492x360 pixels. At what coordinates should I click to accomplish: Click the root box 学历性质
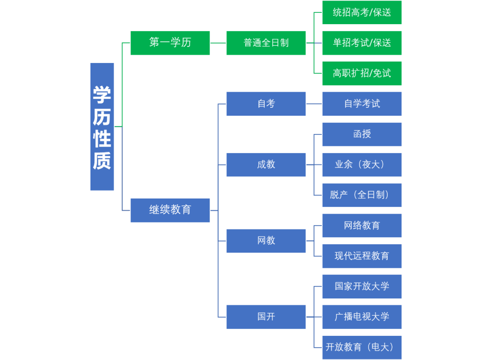click(x=102, y=127)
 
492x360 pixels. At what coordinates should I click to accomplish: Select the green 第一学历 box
click(x=170, y=43)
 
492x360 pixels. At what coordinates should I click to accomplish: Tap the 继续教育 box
click(x=170, y=210)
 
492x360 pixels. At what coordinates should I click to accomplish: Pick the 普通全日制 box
click(x=266, y=43)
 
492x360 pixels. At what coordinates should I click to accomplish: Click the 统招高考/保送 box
click(x=362, y=12)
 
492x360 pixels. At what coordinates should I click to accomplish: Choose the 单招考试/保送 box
click(x=362, y=43)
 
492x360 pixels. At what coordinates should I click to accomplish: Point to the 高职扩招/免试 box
click(x=362, y=73)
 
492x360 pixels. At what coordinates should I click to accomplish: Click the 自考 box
click(x=266, y=104)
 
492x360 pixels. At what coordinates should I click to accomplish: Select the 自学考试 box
click(x=362, y=104)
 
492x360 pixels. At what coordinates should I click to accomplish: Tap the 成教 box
click(x=266, y=164)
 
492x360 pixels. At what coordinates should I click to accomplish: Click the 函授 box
click(x=362, y=134)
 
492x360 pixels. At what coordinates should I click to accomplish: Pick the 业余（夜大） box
click(x=362, y=164)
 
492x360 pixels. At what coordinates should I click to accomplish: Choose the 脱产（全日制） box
click(x=362, y=195)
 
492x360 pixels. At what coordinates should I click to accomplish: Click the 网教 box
click(x=266, y=241)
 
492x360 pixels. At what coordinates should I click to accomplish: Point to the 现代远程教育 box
click(x=362, y=256)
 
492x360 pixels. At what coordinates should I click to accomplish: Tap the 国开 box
click(x=266, y=317)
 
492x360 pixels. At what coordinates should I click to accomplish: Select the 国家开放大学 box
click(x=362, y=286)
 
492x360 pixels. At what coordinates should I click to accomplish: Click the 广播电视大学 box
click(x=362, y=317)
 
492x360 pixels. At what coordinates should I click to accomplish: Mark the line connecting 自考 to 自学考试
click(x=314, y=104)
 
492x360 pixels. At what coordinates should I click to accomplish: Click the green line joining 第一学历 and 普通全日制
click(x=218, y=43)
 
